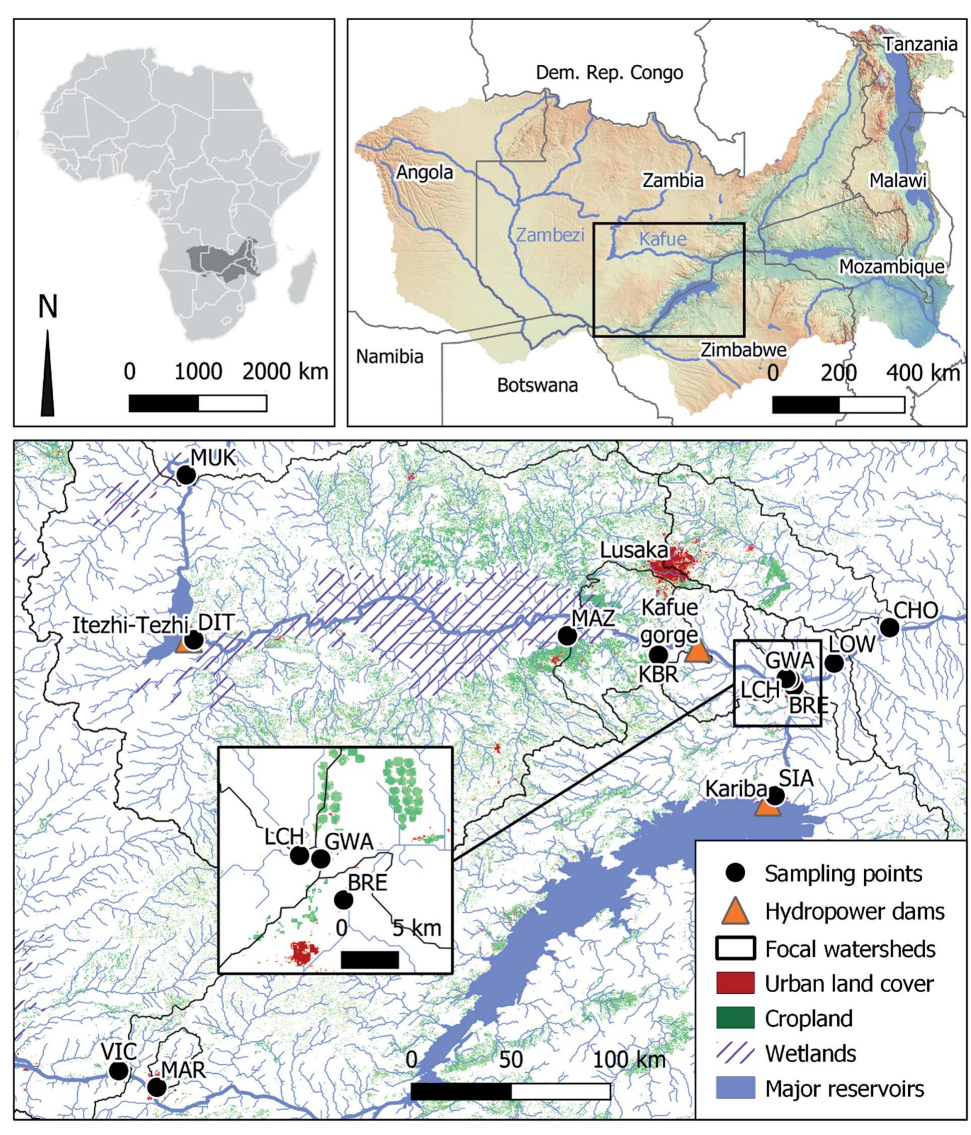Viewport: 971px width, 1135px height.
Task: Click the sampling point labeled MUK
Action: pyautogui.click(x=186, y=475)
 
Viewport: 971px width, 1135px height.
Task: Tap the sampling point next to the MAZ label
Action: pyautogui.click(x=567, y=636)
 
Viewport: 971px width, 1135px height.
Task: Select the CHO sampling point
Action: pyautogui.click(x=889, y=627)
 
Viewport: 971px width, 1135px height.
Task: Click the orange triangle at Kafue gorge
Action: pyautogui.click(x=697, y=653)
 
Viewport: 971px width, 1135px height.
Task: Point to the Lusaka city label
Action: pyautogui.click(x=634, y=550)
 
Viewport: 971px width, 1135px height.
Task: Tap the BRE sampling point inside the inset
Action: pyautogui.click(x=344, y=900)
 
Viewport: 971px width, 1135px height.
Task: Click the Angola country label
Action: pyautogui.click(x=425, y=173)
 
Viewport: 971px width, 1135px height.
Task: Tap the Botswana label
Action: pyautogui.click(x=537, y=385)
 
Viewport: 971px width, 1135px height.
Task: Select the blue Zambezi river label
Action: pyautogui.click(x=550, y=235)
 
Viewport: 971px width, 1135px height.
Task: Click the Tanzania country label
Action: pyautogui.click(x=919, y=44)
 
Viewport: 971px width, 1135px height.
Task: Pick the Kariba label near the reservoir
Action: pyautogui.click(x=735, y=789)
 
